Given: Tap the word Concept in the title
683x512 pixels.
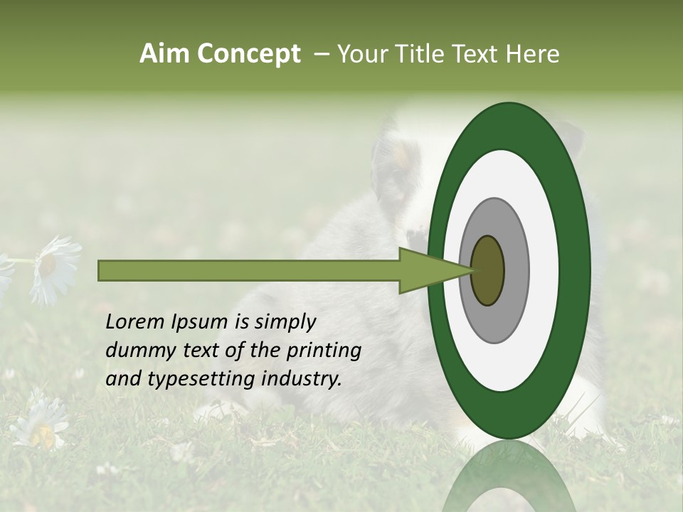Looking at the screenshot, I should (x=248, y=54).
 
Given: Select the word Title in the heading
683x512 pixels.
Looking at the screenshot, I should (x=424, y=54).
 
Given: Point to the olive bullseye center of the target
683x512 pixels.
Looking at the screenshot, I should (x=487, y=270).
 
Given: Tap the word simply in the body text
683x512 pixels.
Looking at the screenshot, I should (x=285, y=322).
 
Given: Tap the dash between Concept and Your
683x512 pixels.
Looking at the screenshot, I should (x=321, y=54).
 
